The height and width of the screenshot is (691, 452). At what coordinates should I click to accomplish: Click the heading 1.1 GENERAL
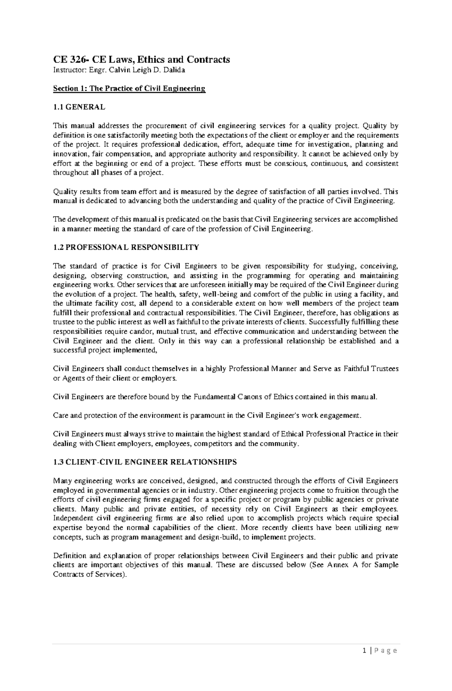click(x=79, y=107)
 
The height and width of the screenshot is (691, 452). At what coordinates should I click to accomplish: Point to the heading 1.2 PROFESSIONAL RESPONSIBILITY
click(x=126, y=247)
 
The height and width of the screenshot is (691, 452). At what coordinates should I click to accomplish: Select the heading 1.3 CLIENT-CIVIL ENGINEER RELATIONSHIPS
click(x=145, y=462)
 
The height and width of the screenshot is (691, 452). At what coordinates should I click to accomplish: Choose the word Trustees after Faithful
click(x=385, y=369)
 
